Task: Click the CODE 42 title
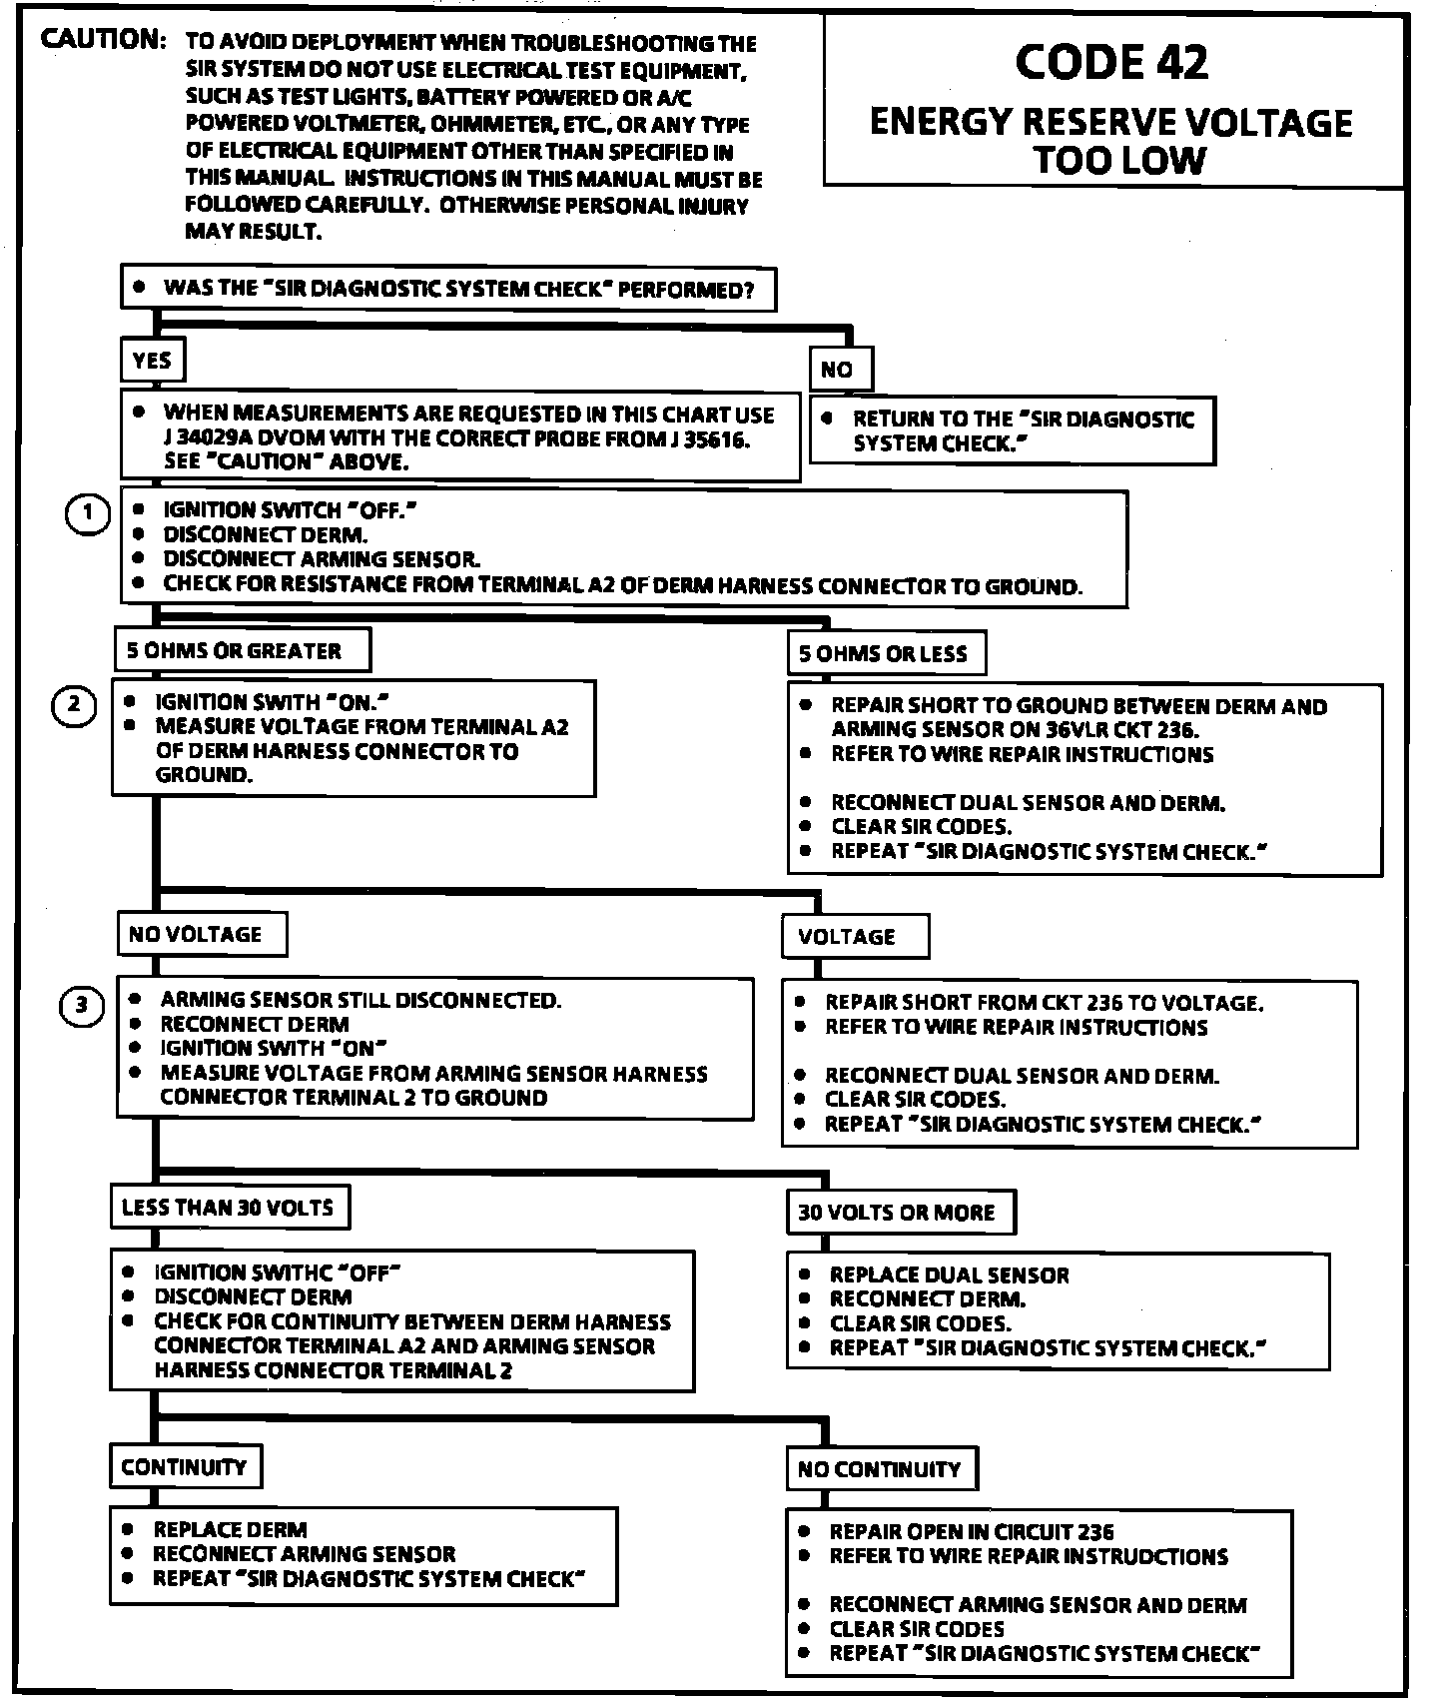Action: click(1111, 62)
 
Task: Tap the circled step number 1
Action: click(88, 514)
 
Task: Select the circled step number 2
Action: click(74, 705)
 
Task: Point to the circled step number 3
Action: click(82, 1005)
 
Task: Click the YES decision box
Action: click(153, 361)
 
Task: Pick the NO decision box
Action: click(838, 370)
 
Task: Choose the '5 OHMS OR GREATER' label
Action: click(235, 651)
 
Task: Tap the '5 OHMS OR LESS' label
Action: click(883, 654)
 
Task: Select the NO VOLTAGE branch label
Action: click(196, 935)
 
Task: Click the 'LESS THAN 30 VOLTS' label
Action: click(228, 1208)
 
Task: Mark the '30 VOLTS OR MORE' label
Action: click(897, 1213)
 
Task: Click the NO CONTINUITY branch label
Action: click(879, 1468)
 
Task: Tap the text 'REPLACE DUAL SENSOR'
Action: click(949, 1275)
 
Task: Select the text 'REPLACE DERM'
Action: click(230, 1529)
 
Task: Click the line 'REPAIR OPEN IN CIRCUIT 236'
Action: click(972, 1531)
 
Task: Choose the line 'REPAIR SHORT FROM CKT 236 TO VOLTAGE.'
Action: click(1044, 1003)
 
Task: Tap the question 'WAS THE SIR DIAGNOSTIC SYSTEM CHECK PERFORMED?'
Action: click(458, 290)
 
